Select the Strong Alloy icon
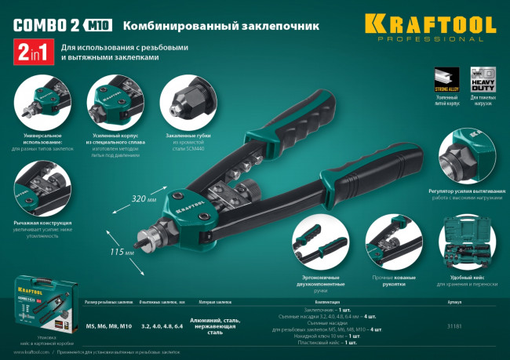click(x=445, y=80)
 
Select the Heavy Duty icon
click(x=479, y=80)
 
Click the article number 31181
click(x=454, y=325)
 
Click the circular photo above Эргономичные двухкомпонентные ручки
click(x=317, y=240)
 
